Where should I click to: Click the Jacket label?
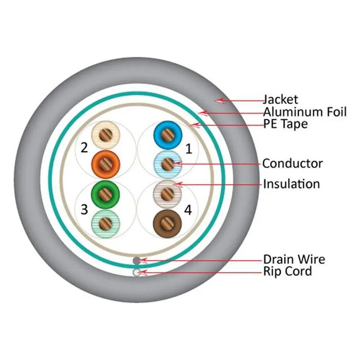[280, 99]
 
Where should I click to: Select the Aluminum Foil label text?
[305, 112]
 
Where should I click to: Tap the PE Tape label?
[285, 124]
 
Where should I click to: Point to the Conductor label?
[292, 164]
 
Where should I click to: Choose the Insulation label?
[291, 184]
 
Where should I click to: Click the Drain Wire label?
[294, 259]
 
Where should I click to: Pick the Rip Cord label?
[287, 271]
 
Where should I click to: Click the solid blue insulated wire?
[168, 135]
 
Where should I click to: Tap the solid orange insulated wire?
[105, 164]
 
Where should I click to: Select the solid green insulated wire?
[105, 193]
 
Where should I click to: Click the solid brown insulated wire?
[168, 222]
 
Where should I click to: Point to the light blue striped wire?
[168, 164]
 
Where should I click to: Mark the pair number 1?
[188, 149]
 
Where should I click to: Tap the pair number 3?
[84, 210]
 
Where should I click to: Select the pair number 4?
[188, 210]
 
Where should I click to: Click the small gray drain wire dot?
[136, 261]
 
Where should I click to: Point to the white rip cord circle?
[136, 273]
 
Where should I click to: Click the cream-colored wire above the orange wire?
[105, 135]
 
